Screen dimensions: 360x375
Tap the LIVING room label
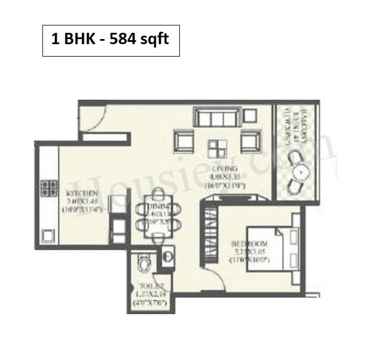coord(230,169)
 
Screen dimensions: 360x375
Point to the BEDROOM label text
coord(247,244)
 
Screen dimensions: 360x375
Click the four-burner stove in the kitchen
coord(48,188)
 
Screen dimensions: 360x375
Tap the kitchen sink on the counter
coord(47,234)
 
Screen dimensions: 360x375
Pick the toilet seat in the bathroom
coord(145,263)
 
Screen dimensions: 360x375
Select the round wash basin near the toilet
coord(168,256)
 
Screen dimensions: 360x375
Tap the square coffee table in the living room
coord(216,148)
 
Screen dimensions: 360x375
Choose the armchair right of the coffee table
coord(251,142)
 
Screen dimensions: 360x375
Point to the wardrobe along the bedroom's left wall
coord(210,232)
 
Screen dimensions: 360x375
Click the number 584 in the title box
coord(125,41)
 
